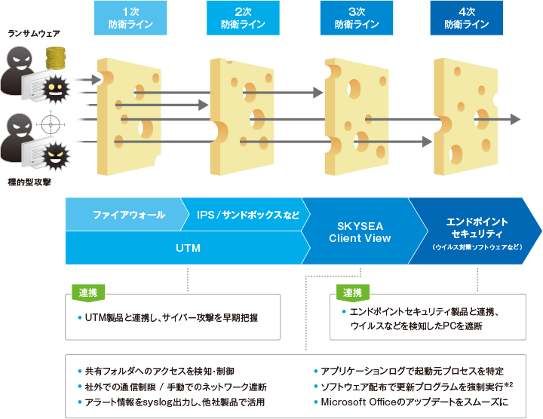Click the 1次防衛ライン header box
(x=130, y=18)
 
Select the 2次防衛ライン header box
(x=243, y=18)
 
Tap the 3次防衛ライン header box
(x=356, y=18)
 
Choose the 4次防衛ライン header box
(x=467, y=18)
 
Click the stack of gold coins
(x=55, y=58)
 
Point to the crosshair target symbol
(x=51, y=124)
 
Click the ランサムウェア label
(x=34, y=34)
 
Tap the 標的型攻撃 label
(x=29, y=182)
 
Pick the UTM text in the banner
(x=188, y=248)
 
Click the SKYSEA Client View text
(x=360, y=232)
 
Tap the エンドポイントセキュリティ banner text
(x=477, y=228)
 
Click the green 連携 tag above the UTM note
(x=88, y=293)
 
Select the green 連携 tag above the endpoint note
(x=352, y=293)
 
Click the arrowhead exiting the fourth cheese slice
(x=515, y=119)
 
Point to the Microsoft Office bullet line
(x=411, y=402)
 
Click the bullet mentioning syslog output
(x=171, y=402)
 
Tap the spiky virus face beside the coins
(x=56, y=89)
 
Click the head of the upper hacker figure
(x=20, y=60)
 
